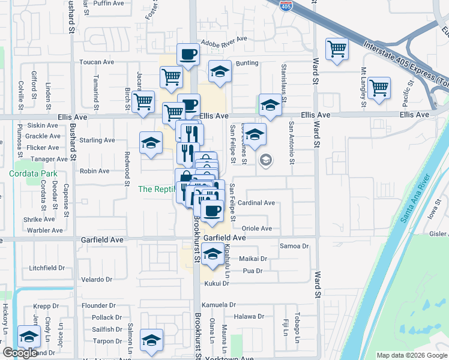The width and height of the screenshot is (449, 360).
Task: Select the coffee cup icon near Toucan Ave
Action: (x=188, y=54)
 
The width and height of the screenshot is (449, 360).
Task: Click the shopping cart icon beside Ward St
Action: (x=337, y=49)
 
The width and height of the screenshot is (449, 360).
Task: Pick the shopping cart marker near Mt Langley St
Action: (x=379, y=88)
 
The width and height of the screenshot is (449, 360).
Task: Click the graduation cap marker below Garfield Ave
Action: (x=212, y=255)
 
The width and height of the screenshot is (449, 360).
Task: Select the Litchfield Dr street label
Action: (x=55, y=268)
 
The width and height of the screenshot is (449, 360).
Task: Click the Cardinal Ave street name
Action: (x=256, y=203)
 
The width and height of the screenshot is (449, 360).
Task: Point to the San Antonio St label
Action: (x=292, y=143)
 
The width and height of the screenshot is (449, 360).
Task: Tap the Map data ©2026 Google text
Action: (x=411, y=355)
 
